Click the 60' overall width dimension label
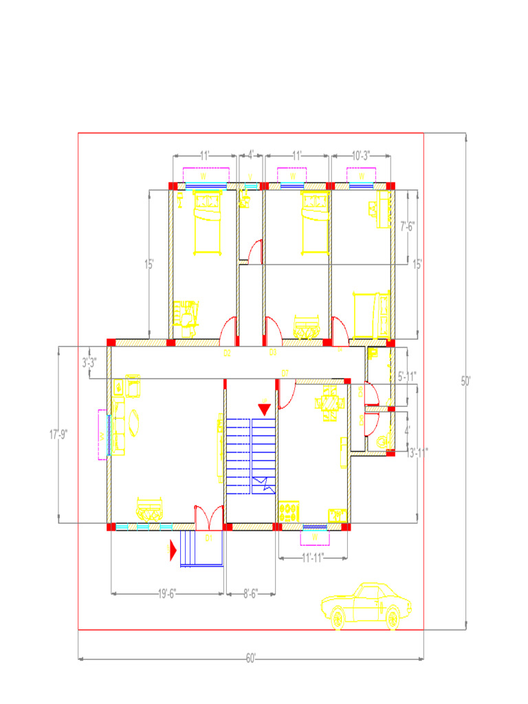point(251,659)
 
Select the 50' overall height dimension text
point(466,380)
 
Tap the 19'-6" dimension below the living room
point(166,593)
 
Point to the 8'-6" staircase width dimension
point(250,593)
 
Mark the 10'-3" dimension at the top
point(361,156)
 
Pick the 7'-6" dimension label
point(408,224)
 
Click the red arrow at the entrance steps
point(174,550)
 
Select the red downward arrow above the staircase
point(264,408)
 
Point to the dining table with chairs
point(330,402)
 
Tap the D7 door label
point(285,373)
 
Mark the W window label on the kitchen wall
point(315,536)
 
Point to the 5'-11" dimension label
point(407,376)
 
